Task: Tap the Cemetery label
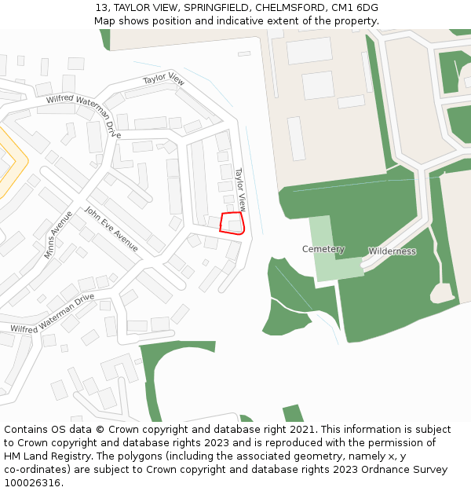pos(323,249)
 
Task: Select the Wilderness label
pos(392,251)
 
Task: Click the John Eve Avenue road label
pos(111,229)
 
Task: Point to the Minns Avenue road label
pos(58,235)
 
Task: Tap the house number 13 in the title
pos(101,8)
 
